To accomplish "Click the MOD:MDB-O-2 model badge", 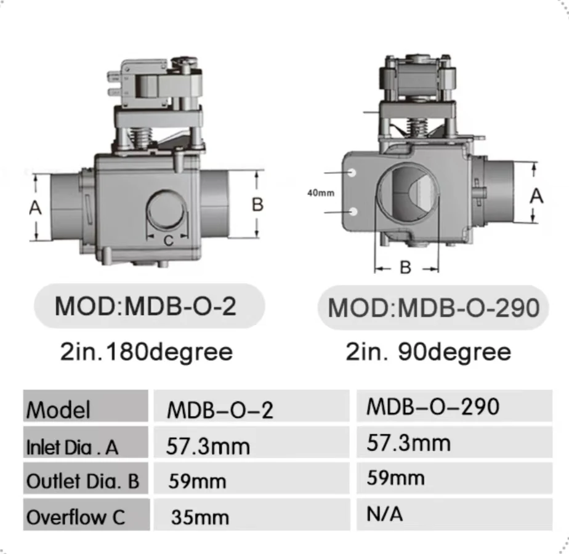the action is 149,306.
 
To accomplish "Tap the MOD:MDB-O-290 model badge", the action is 434,308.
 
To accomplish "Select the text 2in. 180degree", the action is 146,352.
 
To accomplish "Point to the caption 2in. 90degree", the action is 428,352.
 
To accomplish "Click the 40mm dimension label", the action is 321,193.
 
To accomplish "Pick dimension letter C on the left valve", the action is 168,241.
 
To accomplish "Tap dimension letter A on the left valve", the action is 35,208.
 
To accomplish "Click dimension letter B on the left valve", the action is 257,204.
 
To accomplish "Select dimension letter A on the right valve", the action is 536,196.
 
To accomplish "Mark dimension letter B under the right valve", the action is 405,268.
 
